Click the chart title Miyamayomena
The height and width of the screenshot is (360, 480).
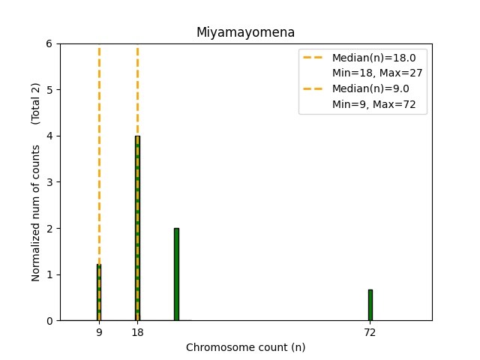[x=245, y=32]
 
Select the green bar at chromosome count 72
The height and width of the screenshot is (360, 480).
[x=370, y=305]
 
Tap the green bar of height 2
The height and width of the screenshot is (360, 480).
[x=176, y=274]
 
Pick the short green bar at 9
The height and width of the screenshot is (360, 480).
[x=99, y=292]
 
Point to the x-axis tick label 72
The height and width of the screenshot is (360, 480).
[x=370, y=332]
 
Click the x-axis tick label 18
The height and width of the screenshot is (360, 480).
[x=137, y=332]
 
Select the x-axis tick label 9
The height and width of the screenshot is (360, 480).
[x=99, y=332]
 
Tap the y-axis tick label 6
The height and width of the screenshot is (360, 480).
[x=49, y=43]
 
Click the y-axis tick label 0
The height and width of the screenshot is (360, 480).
[x=49, y=321]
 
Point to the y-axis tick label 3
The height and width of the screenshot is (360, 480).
[x=49, y=182]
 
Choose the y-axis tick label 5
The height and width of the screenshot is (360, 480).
[x=49, y=90]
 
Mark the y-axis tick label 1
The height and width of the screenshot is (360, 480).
[x=49, y=274]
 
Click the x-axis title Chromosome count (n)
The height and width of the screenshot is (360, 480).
[x=245, y=347]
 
